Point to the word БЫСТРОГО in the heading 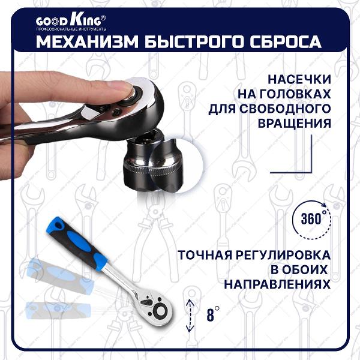pos(194,41)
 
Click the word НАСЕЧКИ pos(299,80)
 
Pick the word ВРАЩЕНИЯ pos(295,123)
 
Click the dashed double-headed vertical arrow pos(190,315)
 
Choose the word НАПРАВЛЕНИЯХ pos(277,284)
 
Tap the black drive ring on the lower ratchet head pos(160,311)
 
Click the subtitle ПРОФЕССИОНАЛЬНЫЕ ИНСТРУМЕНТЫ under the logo pos(71,29)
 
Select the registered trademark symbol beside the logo pos(103,17)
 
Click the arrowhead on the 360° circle pos(324,205)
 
